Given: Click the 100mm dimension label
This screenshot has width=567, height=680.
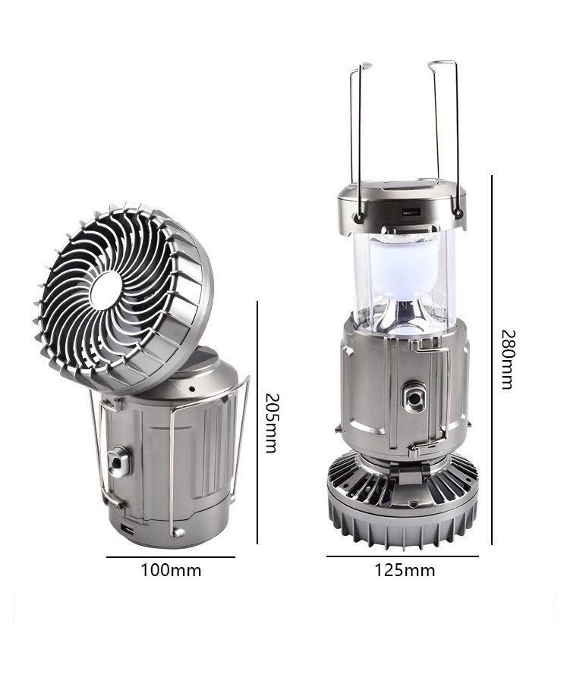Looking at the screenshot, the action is pos(171,570).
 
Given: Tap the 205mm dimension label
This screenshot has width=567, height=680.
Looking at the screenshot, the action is pos(271,423).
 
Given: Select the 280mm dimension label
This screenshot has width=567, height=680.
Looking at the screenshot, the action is pos(507,359).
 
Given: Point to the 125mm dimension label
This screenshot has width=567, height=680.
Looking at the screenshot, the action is pos(405,570).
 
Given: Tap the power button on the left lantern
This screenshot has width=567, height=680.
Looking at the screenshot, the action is pos(117,462).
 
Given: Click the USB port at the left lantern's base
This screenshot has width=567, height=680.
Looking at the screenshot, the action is pos(128,529).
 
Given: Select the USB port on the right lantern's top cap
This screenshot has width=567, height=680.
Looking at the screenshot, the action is pos(411,212).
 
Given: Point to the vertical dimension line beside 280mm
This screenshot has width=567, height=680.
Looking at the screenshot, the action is pos(492,360).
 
